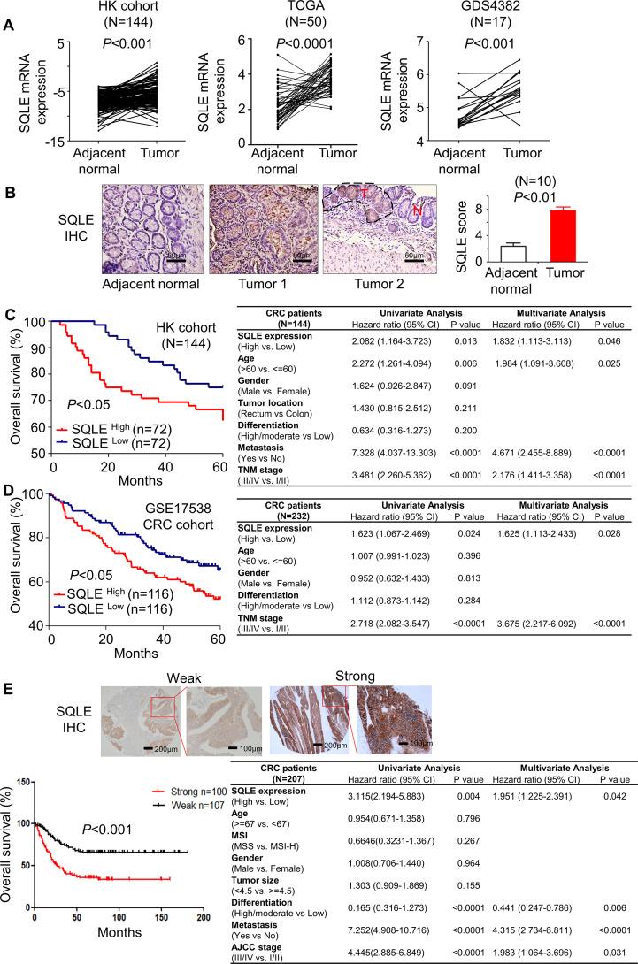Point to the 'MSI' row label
(x=250, y=820)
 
